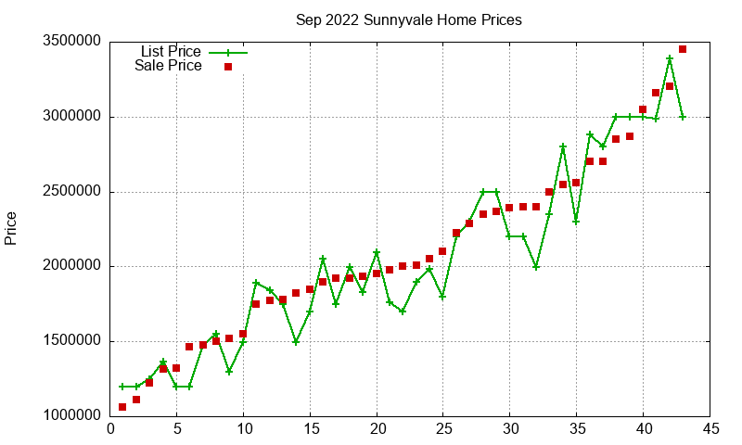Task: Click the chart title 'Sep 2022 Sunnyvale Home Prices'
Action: tap(408, 19)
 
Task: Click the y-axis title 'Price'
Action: tap(11, 228)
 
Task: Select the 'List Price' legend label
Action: tap(171, 52)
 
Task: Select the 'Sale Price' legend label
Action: tap(168, 66)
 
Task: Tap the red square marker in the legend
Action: tap(227, 67)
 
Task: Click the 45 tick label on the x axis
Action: tap(710, 429)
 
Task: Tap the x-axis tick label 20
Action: tap(377, 429)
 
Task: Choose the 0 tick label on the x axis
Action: tap(110, 429)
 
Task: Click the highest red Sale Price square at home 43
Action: tap(683, 49)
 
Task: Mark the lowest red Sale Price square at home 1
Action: tap(122, 407)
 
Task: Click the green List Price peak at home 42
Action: tap(670, 58)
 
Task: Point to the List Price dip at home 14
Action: tap(296, 341)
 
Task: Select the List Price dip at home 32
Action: tap(536, 267)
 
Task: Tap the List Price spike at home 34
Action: tap(563, 146)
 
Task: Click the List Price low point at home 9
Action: tap(229, 372)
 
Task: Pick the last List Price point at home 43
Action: tap(683, 117)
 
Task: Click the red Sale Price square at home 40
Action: tap(643, 109)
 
